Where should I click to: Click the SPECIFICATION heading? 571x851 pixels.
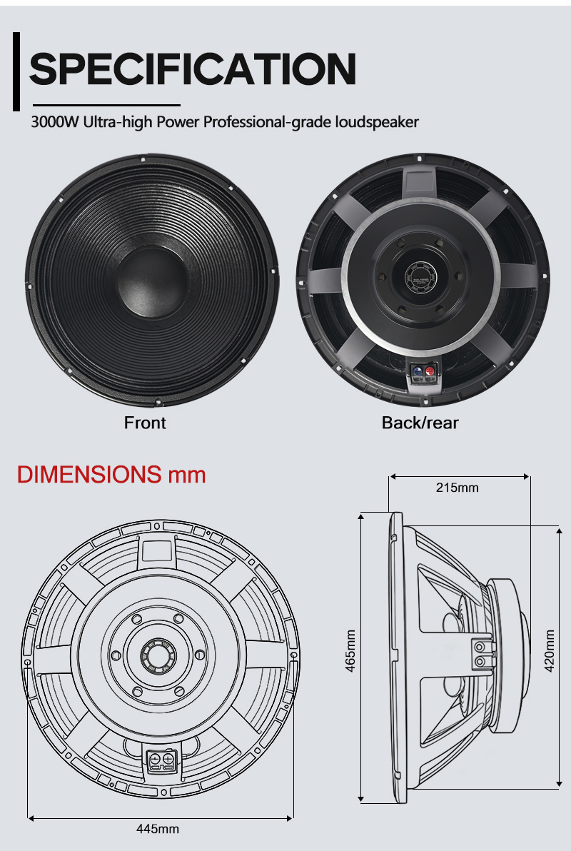(x=192, y=69)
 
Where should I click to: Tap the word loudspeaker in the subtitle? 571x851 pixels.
(x=377, y=122)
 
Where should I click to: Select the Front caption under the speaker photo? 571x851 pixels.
(x=145, y=422)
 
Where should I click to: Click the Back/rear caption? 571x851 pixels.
(x=420, y=422)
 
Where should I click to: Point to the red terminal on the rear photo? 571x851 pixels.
(x=430, y=371)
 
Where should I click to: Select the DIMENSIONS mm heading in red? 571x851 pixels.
(x=111, y=474)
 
